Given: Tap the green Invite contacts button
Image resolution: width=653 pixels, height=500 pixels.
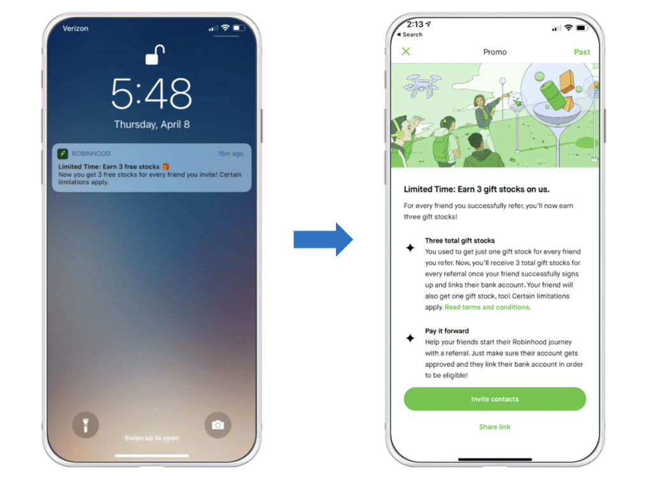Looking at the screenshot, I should click(494, 399).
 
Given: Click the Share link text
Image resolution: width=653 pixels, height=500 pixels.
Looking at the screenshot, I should click(495, 427).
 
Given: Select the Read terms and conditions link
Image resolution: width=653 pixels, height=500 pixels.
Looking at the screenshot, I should click(487, 307).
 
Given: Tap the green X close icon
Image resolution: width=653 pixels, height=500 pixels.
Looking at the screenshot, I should click(406, 52).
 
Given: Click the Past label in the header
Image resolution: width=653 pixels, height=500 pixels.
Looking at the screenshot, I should click(582, 52).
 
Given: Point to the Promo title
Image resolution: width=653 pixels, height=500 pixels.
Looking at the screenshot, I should click(495, 52).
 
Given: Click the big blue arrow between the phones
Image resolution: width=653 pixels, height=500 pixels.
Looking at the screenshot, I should click(323, 239).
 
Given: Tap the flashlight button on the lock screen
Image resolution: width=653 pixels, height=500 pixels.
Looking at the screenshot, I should click(85, 425).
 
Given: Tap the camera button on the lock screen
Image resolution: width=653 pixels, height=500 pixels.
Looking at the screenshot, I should click(218, 425).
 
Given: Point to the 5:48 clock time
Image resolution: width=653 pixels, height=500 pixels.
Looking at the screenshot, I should click(152, 94).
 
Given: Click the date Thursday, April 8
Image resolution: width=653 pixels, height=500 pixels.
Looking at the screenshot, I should click(152, 125).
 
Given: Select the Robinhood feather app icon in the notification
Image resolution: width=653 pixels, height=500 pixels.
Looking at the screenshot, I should click(63, 154).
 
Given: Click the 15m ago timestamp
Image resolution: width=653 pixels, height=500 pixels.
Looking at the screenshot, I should click(230, 154).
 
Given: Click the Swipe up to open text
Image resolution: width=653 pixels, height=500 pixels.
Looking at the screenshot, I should click(152, 438).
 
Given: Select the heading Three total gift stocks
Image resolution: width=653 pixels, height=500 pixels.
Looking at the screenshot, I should click(460, 241).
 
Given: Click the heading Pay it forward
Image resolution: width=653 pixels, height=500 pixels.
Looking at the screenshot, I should click(447, 332).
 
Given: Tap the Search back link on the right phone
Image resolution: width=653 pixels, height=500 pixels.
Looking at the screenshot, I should click(410, 34).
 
